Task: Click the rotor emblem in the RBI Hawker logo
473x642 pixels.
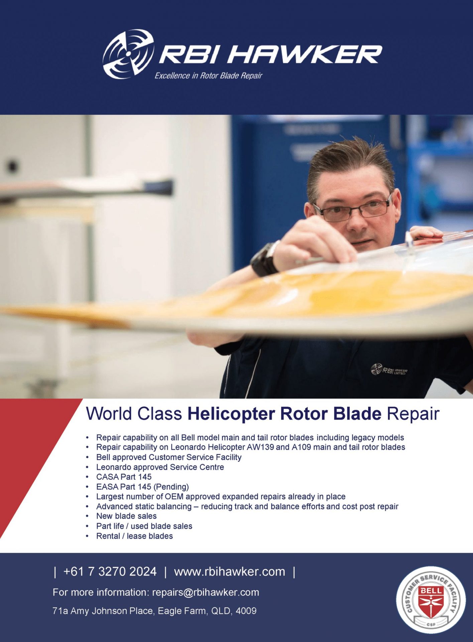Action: pos(128,54)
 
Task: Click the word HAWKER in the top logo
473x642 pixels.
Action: pos(305,54)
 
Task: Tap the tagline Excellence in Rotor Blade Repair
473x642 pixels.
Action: pos(208,76)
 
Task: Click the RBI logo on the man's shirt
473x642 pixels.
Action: pos(389,370)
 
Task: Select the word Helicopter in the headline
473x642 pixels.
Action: pos(231,414)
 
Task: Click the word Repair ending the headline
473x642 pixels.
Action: pos(413,414)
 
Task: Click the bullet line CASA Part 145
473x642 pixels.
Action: pos(124,477)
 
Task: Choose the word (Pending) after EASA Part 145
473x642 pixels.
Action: pos(171,487)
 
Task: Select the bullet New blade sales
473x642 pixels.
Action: pos(126,516)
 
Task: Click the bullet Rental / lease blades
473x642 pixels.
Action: pos(134,536)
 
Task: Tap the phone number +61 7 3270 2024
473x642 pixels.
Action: pos(110,571)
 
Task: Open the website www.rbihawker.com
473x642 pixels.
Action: pos(230,572)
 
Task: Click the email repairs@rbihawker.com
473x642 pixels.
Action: pos(206,593)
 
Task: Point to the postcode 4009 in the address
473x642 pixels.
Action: pos(246,611)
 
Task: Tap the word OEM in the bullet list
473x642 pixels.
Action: pos(174,497)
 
